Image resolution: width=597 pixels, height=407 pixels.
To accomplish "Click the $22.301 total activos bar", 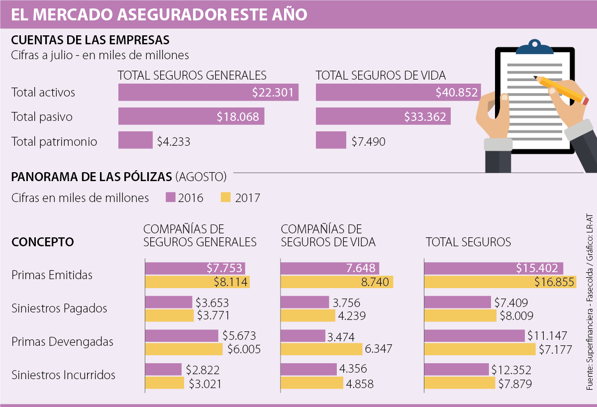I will (x=208, y=93).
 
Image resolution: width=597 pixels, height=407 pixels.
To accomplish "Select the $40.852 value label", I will (x=457, y=93).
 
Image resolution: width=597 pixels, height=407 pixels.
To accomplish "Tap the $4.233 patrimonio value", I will (x=174, y=141).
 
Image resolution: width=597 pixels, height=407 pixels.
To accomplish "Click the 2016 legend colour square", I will (x=171, y=198).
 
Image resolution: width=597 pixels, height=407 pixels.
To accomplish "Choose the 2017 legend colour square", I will (x=225, y=198).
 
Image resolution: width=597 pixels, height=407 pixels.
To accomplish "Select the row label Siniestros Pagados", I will (x=59, y=308).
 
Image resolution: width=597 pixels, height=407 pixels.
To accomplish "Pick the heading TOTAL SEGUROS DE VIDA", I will (x=381, y=76).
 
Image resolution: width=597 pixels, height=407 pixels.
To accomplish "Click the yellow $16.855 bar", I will (x=500, y=282).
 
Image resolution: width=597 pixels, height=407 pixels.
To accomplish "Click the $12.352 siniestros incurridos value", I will (x=511, y=370).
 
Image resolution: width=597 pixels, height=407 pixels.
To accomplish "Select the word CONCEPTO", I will (x=43, y=242).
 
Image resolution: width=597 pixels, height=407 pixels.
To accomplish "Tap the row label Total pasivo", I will (x=42, y=117).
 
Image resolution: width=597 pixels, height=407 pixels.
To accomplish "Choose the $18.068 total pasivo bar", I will (x=191, y=117).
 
